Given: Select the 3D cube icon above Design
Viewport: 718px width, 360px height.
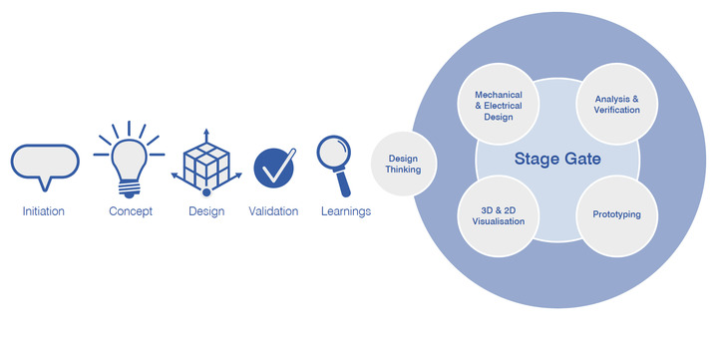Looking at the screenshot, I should point(205,164).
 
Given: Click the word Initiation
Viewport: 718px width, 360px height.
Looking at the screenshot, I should point(44,211).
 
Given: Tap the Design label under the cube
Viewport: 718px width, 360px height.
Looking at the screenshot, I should point(206,211).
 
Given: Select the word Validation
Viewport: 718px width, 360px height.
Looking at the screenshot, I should point(274,211).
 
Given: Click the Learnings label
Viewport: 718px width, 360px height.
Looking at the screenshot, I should point(346,211).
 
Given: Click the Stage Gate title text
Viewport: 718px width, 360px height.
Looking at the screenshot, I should point(557,159).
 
